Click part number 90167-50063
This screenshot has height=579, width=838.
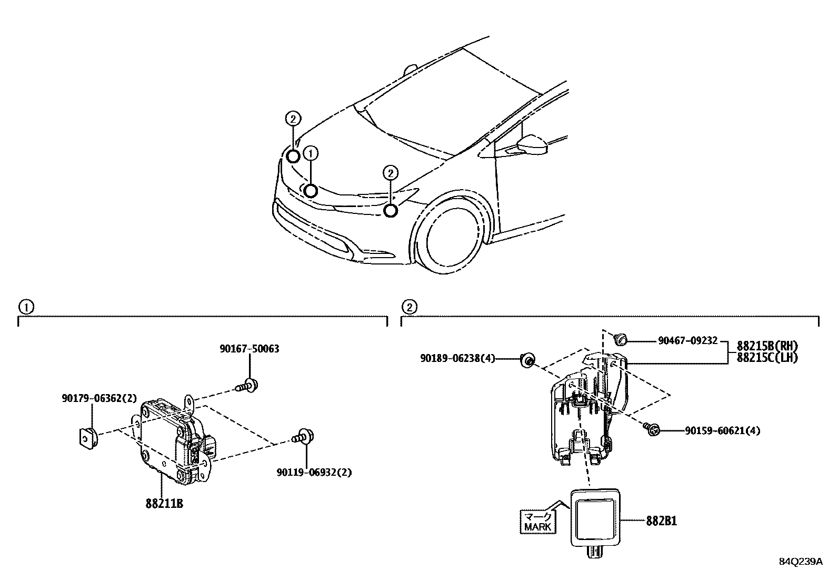pyautogui.click(x=249, y=349)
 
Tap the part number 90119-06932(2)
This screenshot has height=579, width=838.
pyautogui.click(x=314, y=472)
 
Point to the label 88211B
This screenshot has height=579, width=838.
pyautogui.click(x=164, y=504)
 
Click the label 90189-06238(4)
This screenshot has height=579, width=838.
pyautogui.click(x=457, y=358)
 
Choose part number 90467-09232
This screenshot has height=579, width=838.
pyautogui.click(x=687, y=341)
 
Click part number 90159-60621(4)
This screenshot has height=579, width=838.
pyautogui.click(x=722, y=430)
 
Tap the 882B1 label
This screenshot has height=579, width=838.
pyautogui.click(x=662, y=521)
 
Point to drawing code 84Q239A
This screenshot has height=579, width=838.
pyautogui.click(x=800, y=562)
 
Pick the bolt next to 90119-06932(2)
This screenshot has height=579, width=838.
pyautogui.click(x=304, y=436)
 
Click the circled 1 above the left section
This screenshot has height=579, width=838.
pyautogui.click(x=25, y=307)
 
